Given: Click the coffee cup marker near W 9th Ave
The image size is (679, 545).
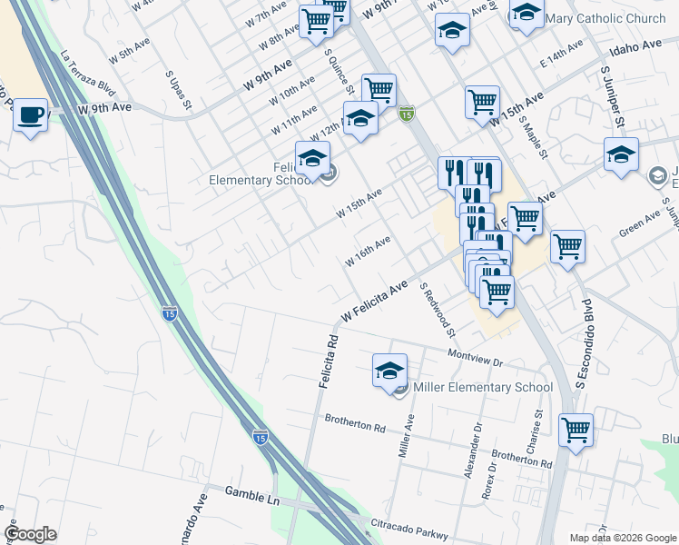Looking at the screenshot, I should click(31, 115).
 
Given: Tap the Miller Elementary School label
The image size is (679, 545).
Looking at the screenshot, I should click(482, 388).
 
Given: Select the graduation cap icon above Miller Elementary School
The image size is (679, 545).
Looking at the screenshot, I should click(389, 370).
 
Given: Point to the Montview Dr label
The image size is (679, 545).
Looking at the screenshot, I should click(476, 357).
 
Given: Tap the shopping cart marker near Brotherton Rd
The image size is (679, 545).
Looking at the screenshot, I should click(576, 430).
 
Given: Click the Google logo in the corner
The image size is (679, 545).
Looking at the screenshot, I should click(30, 534).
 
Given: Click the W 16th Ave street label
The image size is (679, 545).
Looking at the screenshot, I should click(368, 252).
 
